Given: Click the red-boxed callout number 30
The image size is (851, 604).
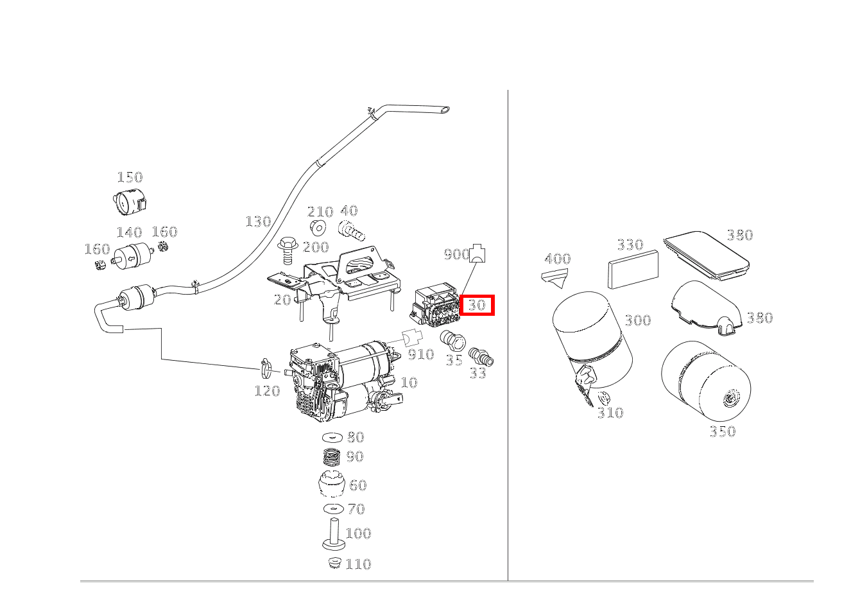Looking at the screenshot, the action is tap(477, 305).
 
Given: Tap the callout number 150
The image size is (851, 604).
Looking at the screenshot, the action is tap(130, 177).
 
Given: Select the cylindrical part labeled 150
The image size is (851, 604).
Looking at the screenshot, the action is tap(130, 201).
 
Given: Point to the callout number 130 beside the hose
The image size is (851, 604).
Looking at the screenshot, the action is tap(259, 221).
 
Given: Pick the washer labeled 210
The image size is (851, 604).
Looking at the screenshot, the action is tap(318, 228).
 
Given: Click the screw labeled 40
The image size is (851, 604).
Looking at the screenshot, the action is tap(351, 231).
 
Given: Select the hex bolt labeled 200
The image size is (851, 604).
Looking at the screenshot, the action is tap(288, 251).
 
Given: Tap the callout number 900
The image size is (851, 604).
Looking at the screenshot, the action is tap(457, 255).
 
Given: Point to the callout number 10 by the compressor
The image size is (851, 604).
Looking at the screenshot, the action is tap(409, 382).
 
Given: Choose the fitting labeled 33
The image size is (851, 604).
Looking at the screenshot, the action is tap(481, 357).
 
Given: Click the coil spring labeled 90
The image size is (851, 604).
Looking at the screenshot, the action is tap(332, 457).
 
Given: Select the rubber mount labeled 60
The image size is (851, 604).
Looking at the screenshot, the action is tap(332, 483).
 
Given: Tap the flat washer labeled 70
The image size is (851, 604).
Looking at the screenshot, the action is tap(334, 508).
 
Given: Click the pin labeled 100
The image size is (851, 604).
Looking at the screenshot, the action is tap(334, 534).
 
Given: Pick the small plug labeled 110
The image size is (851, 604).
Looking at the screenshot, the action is tap(334, 562).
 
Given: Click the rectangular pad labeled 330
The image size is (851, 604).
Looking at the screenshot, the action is tap(633, 270).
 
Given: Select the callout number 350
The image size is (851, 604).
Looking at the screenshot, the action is tap(723, 431).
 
